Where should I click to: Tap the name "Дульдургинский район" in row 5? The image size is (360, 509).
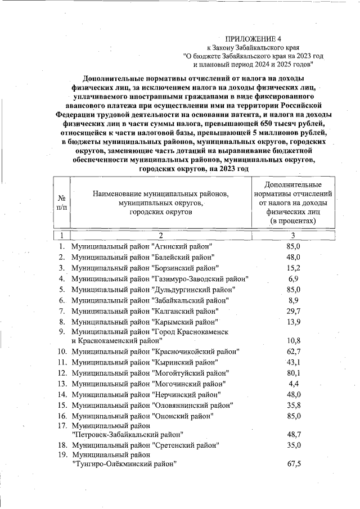[x=193, y=289]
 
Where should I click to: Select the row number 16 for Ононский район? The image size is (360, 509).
[x=62, y=416]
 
